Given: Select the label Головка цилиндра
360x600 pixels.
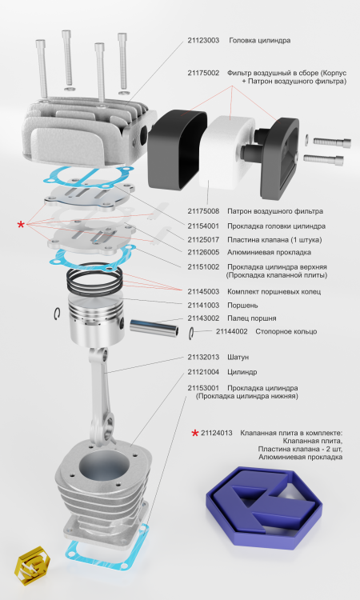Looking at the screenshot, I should pyautogui.click(x=259, y=40).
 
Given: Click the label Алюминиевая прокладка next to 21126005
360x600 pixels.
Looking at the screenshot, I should pyautogui.click(x=266, y=252).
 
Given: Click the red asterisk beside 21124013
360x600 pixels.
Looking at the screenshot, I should pyautogui.click(x=194, y=433).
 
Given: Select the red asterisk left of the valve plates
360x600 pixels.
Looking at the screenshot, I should pyautogui.click(x=21, y=226).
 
